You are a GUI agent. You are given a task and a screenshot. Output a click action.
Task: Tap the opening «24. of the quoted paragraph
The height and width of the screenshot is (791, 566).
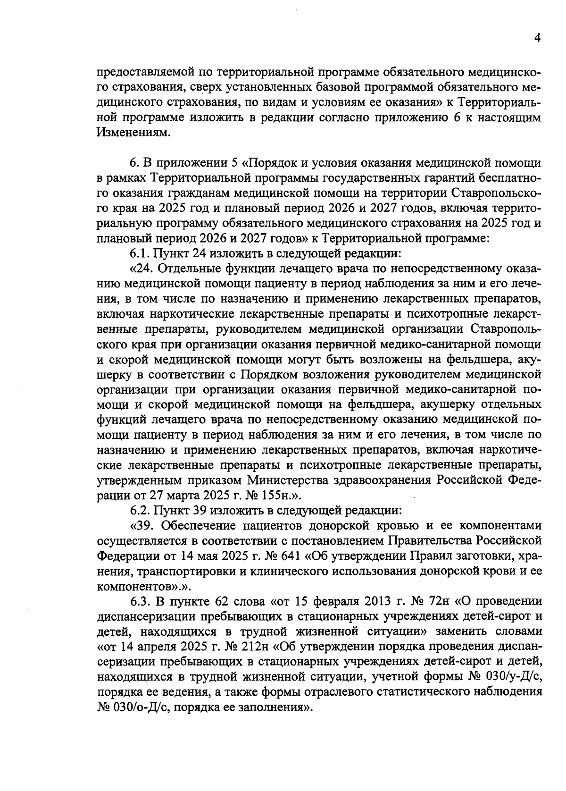click(142, 269)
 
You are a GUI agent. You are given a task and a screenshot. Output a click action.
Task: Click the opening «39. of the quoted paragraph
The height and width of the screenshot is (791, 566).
click(142, 525)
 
